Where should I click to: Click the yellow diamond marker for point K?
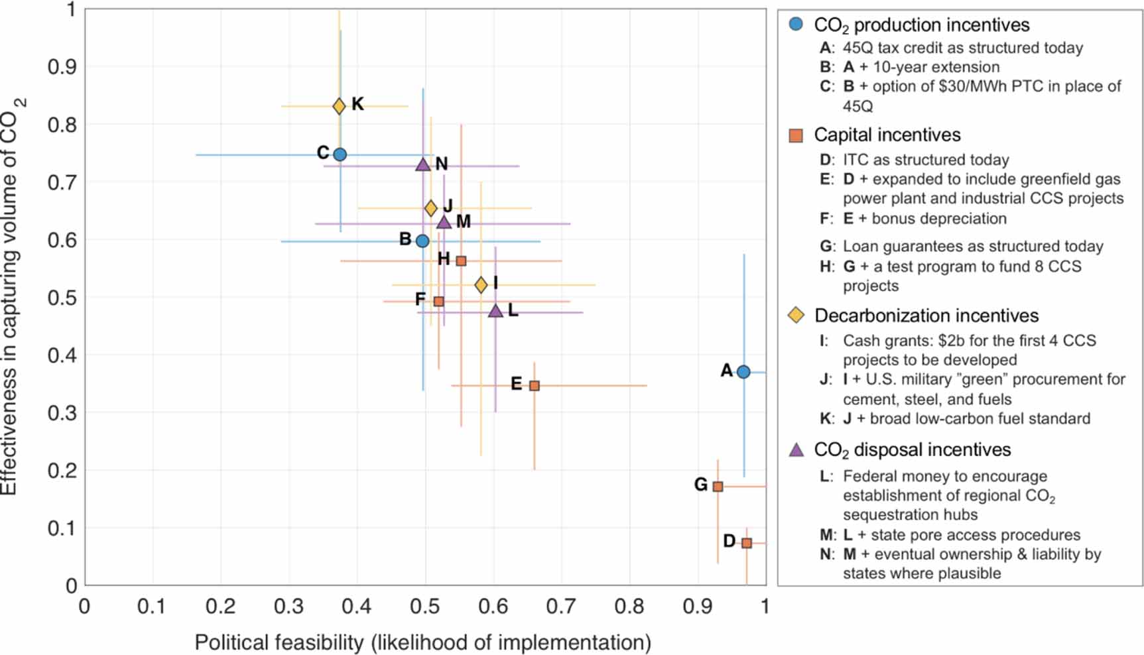pyautogui.click(x=339, y=106)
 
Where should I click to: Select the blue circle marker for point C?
pyautogui.click(x=340, y=154)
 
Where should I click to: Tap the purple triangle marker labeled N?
pyautogui.click(x=422, y=164)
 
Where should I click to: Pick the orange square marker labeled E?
pyautogui.click(x=535, y=386)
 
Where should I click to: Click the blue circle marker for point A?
pyautogui.click(x=743, y=372)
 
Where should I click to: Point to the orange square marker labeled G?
pyautogui.click(x=718, y=487)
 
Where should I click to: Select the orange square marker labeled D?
pyautogui.click(x=747, y=543)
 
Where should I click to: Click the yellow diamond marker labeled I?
pyautogui.click(x=481, y=285)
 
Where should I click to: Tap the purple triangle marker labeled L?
pyautogui.click(x=495, y=311)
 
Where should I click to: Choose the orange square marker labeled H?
pyautogui.click(x=461, y=261)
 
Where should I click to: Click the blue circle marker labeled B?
pyautogui.click(x=422, y=241)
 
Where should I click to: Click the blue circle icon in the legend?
pyautogui.click(x=796, y=25)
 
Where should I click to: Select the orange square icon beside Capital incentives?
pyautogui.click(x=796, y=135)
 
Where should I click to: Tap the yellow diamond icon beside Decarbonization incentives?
pyautogui.click(x=796, y=316)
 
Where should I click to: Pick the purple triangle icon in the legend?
pyautogui.click(x=796, y=449)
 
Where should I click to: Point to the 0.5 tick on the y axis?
pyautogui.click(x=62, y=298)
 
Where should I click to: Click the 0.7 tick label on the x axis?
pyautogui.click(x=561, y=606)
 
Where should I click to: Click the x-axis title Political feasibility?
pyautogui.click(x=422, y=642)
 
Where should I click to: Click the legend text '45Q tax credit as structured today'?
pyautogui.click(x=962, y=48)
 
